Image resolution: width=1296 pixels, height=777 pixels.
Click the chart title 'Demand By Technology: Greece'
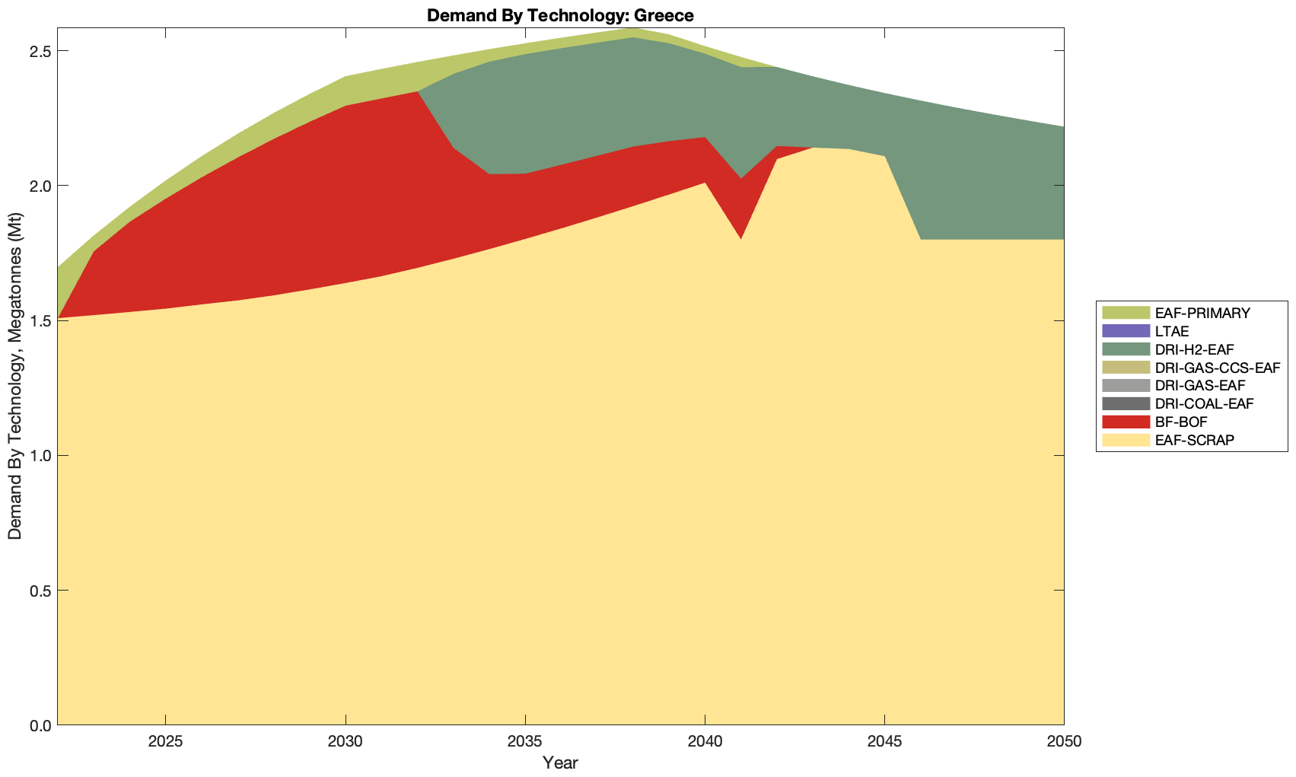pos(560,14)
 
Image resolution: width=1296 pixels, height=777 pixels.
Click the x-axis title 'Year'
pos(560,763)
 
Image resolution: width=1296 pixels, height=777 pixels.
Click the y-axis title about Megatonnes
pos(15,376)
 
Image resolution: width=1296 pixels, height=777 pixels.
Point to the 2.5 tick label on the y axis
pos(38,52)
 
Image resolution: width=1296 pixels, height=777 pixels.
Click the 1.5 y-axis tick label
pos(38,321)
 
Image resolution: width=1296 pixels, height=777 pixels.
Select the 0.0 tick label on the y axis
pos(38,725)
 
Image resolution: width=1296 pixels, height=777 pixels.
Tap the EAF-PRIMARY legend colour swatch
pos(1126,313)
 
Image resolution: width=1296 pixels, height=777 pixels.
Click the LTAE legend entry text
pos(1171,331)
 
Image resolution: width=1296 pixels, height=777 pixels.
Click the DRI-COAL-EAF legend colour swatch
pos(1126,404)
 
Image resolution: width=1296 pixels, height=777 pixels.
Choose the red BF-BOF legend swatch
pos(1126,422)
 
